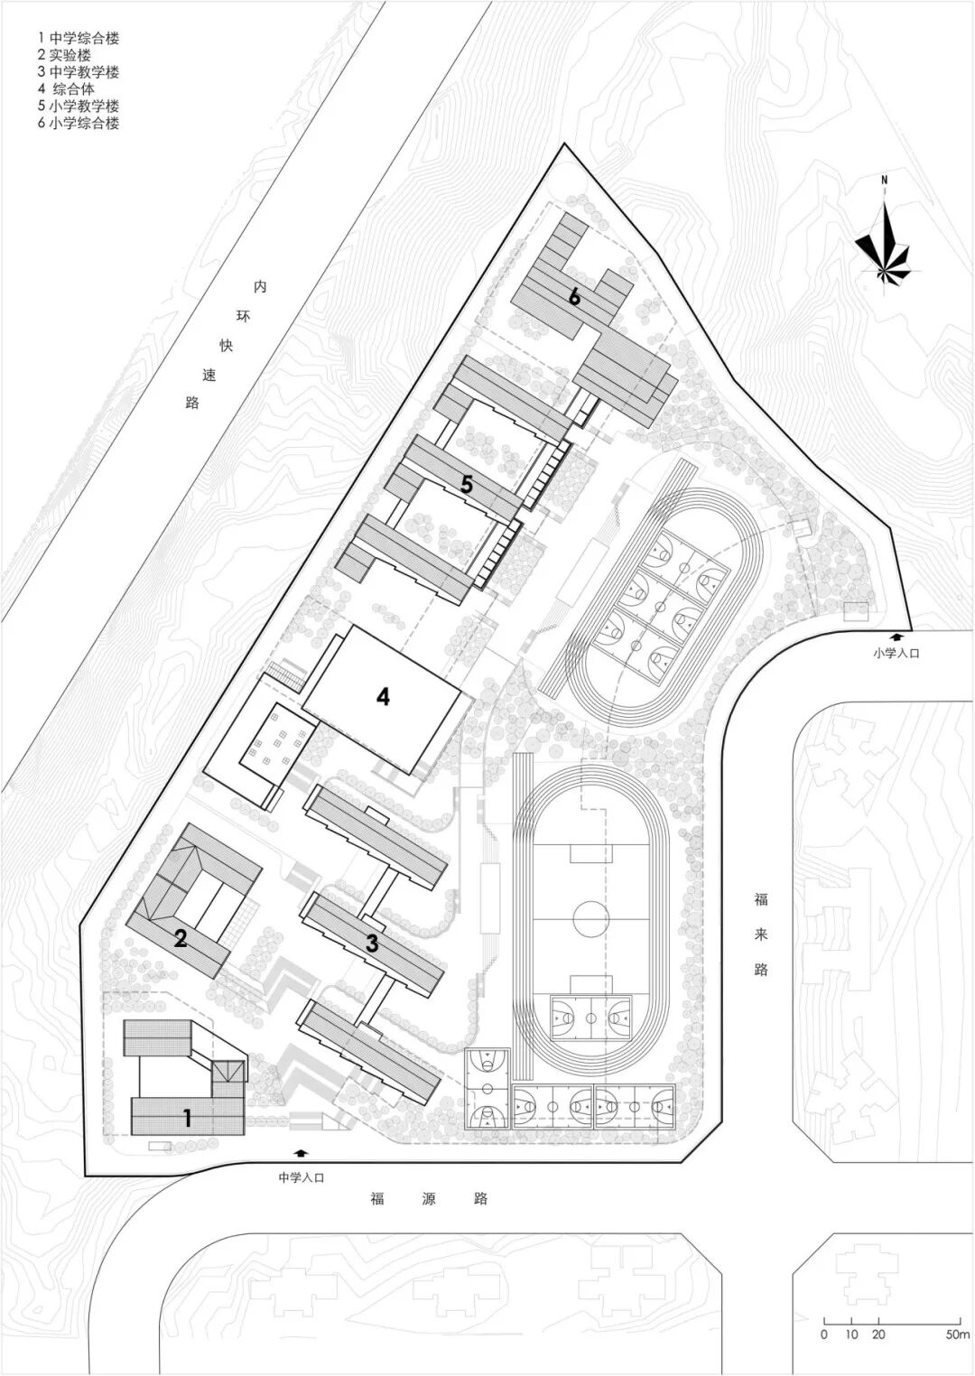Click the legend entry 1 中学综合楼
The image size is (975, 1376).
pyautogui.click(x=78, y=39)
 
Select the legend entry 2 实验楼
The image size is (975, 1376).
pyautogui.click(x=64, y=56)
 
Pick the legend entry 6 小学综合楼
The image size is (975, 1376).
pyautogui.click(x=78, y=124)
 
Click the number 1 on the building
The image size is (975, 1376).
pyautogui.click(x=187, y=1119)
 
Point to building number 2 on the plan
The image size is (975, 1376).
pyautogui.click(x=181, y=939)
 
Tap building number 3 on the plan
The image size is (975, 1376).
pyautogui.click(x=372, y=944)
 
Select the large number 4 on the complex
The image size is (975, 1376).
pyautogui.click(x=384, y=696)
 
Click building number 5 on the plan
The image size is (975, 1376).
pyautogui.click(x=466, y=484)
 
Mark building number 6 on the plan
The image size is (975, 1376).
pyautogui.click(x=573, y=295)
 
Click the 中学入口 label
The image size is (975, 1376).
pyautogui.click(x=301, y=1178)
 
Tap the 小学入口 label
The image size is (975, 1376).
pyautogui.click(x=896, y=653)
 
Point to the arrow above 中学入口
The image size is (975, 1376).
pyautogui.click(x=301, y=1153)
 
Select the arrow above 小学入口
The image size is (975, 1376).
pyautogui.click(x=896, y=637)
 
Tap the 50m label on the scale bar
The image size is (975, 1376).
pyautogui.click(x=958, y=1335)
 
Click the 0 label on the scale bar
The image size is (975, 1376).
pyautogui.click(x=824, y=1335)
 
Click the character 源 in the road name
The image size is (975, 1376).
pyautogui.click(x=429, y=1199)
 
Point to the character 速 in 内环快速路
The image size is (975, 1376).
pyautogui.click(x=209, y=375)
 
